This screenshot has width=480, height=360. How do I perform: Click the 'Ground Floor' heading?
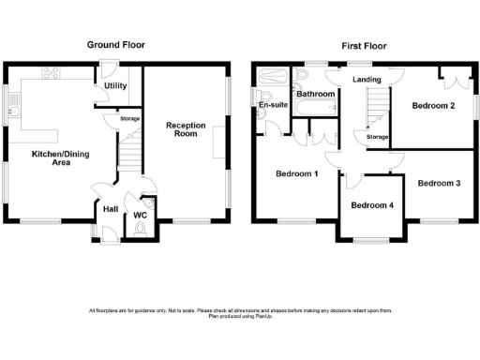point(116,44)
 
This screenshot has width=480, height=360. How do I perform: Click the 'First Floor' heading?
point(364,44)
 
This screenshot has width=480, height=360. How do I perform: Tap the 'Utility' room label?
point(116,85)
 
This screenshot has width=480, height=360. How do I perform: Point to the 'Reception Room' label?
point(185,129)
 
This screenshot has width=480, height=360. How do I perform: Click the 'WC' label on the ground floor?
point(142,216)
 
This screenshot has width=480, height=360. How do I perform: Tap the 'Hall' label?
point(111,209)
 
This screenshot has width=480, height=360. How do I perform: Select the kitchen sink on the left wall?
point(14,105)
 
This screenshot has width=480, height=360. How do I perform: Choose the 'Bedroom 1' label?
point(296,174)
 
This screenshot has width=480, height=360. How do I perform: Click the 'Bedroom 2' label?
point(433,106)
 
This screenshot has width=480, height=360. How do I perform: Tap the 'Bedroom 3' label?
point(439,183)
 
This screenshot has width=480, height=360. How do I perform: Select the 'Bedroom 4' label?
point(372,205)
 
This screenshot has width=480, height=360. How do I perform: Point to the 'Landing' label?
point(367,80)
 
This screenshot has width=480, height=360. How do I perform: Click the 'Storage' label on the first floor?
point(377,138)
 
